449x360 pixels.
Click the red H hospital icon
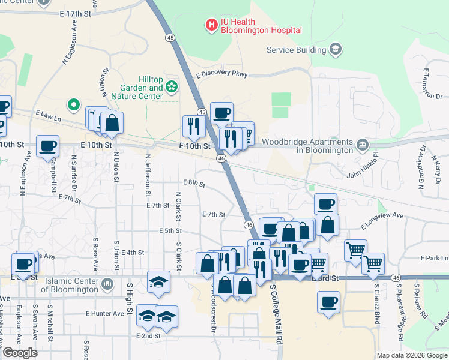point(211,25)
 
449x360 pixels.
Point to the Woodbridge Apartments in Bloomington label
point(308,146)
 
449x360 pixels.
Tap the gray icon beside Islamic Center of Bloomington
point(107,283)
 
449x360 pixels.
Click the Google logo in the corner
point(20,353)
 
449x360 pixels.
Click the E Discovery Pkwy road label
point(221,74)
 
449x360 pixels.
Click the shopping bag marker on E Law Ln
point(112,123)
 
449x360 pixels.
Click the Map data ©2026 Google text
point(412,355)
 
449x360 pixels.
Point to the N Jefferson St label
point(148,175)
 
